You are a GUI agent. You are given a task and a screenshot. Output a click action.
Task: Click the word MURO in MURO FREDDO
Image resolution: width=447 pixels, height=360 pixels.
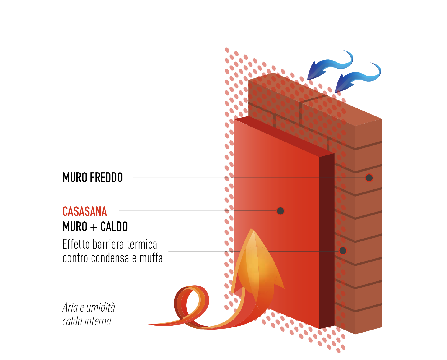(x=75, y=178)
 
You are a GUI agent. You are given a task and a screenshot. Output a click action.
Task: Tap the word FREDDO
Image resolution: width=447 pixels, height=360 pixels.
(x=106, y=178)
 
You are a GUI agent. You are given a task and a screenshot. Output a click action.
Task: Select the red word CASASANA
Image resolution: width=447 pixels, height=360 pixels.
(x=85, y=212)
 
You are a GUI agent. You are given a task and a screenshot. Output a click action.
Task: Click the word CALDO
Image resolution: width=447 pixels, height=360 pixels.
(x=114, y=226)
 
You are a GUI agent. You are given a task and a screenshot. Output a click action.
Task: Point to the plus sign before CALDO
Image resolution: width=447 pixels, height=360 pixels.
(x=94, y=227)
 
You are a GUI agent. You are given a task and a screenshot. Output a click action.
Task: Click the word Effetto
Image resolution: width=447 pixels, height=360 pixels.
(x=76, y=244)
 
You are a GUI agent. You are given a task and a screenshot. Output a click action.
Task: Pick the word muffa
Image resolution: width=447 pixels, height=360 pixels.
(x=151, y=258)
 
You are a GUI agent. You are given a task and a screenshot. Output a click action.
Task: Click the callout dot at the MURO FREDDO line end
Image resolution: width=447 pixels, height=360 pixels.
(x=369, y=178)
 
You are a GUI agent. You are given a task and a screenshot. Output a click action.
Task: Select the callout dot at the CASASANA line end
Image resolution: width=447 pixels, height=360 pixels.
(x=280, y=211)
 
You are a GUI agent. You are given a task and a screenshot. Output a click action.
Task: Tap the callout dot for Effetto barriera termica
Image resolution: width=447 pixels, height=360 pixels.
(x=343, y=251)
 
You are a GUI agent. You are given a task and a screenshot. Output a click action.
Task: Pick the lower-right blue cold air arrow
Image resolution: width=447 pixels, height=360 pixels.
(x=358, y=77)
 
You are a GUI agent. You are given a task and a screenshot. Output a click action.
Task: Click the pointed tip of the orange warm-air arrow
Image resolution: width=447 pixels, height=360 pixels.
(x=252, y=229)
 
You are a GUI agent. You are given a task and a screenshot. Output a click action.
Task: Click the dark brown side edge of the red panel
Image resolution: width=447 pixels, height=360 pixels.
(x=327, y=241)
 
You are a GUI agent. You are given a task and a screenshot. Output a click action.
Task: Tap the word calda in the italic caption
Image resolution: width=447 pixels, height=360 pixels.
(x=72, y=321)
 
